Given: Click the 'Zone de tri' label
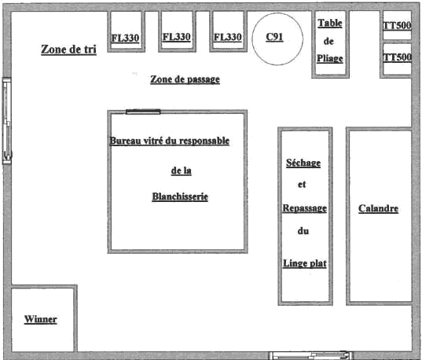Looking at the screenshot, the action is click(x=68, y=50).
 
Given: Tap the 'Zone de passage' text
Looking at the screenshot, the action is click(x=185, y=79).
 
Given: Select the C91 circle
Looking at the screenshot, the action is click(x=277, y=39).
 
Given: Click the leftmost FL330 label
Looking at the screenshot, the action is click(x=126, y=38).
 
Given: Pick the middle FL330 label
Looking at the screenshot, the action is click(x=177, y=37).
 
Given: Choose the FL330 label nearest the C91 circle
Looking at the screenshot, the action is click(x=228, y=37).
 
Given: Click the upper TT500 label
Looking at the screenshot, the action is click(x=397, y=26).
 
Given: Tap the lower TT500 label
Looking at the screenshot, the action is click(x=397, y=57).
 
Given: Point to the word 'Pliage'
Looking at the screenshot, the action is click(x=330, y=58).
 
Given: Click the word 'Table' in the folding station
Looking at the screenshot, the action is click(x=330, y=23).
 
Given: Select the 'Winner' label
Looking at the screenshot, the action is click(x=41, y=319).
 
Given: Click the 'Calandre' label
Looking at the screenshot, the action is click(x=379, y=208).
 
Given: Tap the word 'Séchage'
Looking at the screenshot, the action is click(x=303, y=163).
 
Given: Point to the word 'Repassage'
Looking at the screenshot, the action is click(x=305, y=208).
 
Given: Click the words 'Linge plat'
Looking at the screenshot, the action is click(x=305, y=263).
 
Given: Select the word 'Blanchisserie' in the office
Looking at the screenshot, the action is click(x=180, y=197).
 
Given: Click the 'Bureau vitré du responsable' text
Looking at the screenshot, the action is click(x=170, y=141).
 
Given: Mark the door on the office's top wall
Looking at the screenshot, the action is click(x=143, y=112).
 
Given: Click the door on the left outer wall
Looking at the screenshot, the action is click(x=7, y=121).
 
